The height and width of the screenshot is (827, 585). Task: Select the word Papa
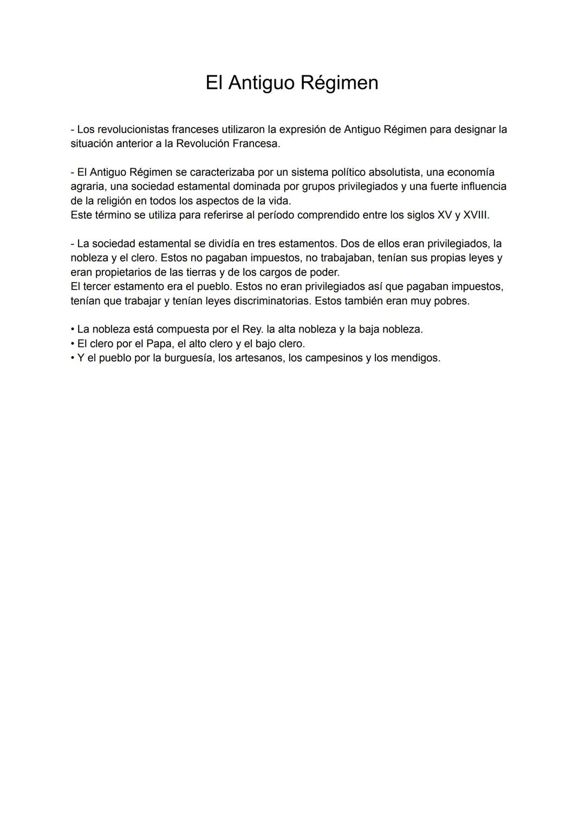coord(159,344)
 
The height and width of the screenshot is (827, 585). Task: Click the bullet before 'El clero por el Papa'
coord(73,344)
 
